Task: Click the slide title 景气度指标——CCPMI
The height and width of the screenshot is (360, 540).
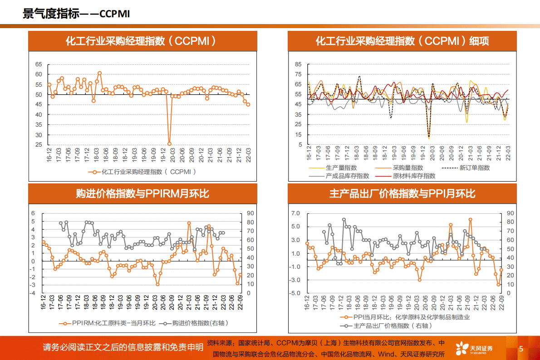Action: tap(76, 14)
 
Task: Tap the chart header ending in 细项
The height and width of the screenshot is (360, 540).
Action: tap(402, 41)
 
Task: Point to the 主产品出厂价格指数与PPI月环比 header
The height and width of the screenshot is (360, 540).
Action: tap(402, 194)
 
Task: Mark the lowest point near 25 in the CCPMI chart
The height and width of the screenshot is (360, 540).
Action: tap(170, 143)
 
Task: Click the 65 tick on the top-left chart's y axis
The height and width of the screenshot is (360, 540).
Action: tap(39, 64)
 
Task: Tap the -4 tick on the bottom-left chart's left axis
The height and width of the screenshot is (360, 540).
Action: tap(33, 293)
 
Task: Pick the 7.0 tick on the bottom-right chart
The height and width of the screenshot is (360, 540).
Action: tap(295, 213)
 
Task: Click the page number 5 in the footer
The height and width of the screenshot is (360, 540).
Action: tap(521, 349)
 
